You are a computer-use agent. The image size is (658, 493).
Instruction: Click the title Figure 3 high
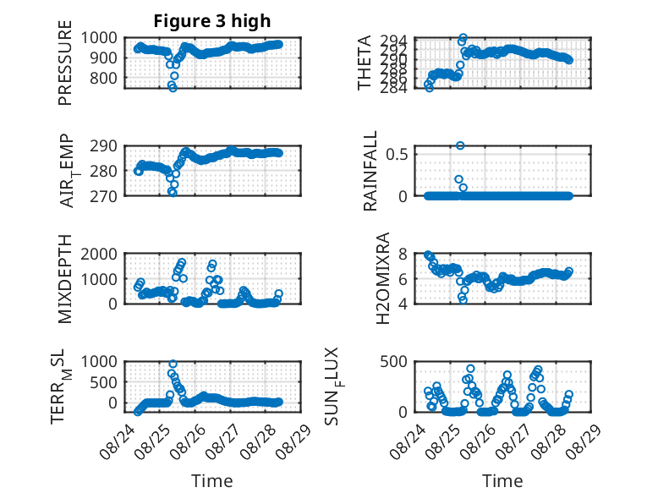pyautogui.click(x=212, y=21)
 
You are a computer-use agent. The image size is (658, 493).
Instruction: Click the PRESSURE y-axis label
pyautogui.click(x=65, y=63)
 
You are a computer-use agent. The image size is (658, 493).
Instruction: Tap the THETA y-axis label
pyautogui.click(x=365, y=63)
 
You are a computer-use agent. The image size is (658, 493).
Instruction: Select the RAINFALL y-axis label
pyautogui.click(x=370, y=171)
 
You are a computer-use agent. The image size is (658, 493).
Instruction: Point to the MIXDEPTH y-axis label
pyautogui.click(x=65, y=278)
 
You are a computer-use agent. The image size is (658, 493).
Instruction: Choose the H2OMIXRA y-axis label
pyautogui.click(x=383, y=278)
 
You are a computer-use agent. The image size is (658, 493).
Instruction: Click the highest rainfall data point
pyautogui.click(x=460, y=145)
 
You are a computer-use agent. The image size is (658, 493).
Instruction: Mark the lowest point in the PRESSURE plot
pyautogui.click(x=173, y=88)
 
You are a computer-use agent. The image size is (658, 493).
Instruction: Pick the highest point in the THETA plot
pyautogui.click(x=463, y=37)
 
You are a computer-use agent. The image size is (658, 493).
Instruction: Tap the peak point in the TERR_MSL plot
pyautogui.click(x=173, y=364)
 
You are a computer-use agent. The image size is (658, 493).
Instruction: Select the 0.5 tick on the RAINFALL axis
pyautogui.click(x=397, y=154)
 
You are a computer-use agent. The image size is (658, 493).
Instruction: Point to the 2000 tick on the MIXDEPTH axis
pyautogui.click(x=99, y=254)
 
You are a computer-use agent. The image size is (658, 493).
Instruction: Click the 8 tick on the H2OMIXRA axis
pyautogui.click(x=403, y=254)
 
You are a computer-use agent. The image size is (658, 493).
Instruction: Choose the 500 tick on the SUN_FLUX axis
pyautogui.click(x=393, y=362)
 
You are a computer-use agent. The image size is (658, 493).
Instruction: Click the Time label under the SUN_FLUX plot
pyautogui.click(x=502, y=481)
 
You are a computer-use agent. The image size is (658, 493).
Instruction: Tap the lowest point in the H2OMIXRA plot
pyautogui.click(x=463, y=299)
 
